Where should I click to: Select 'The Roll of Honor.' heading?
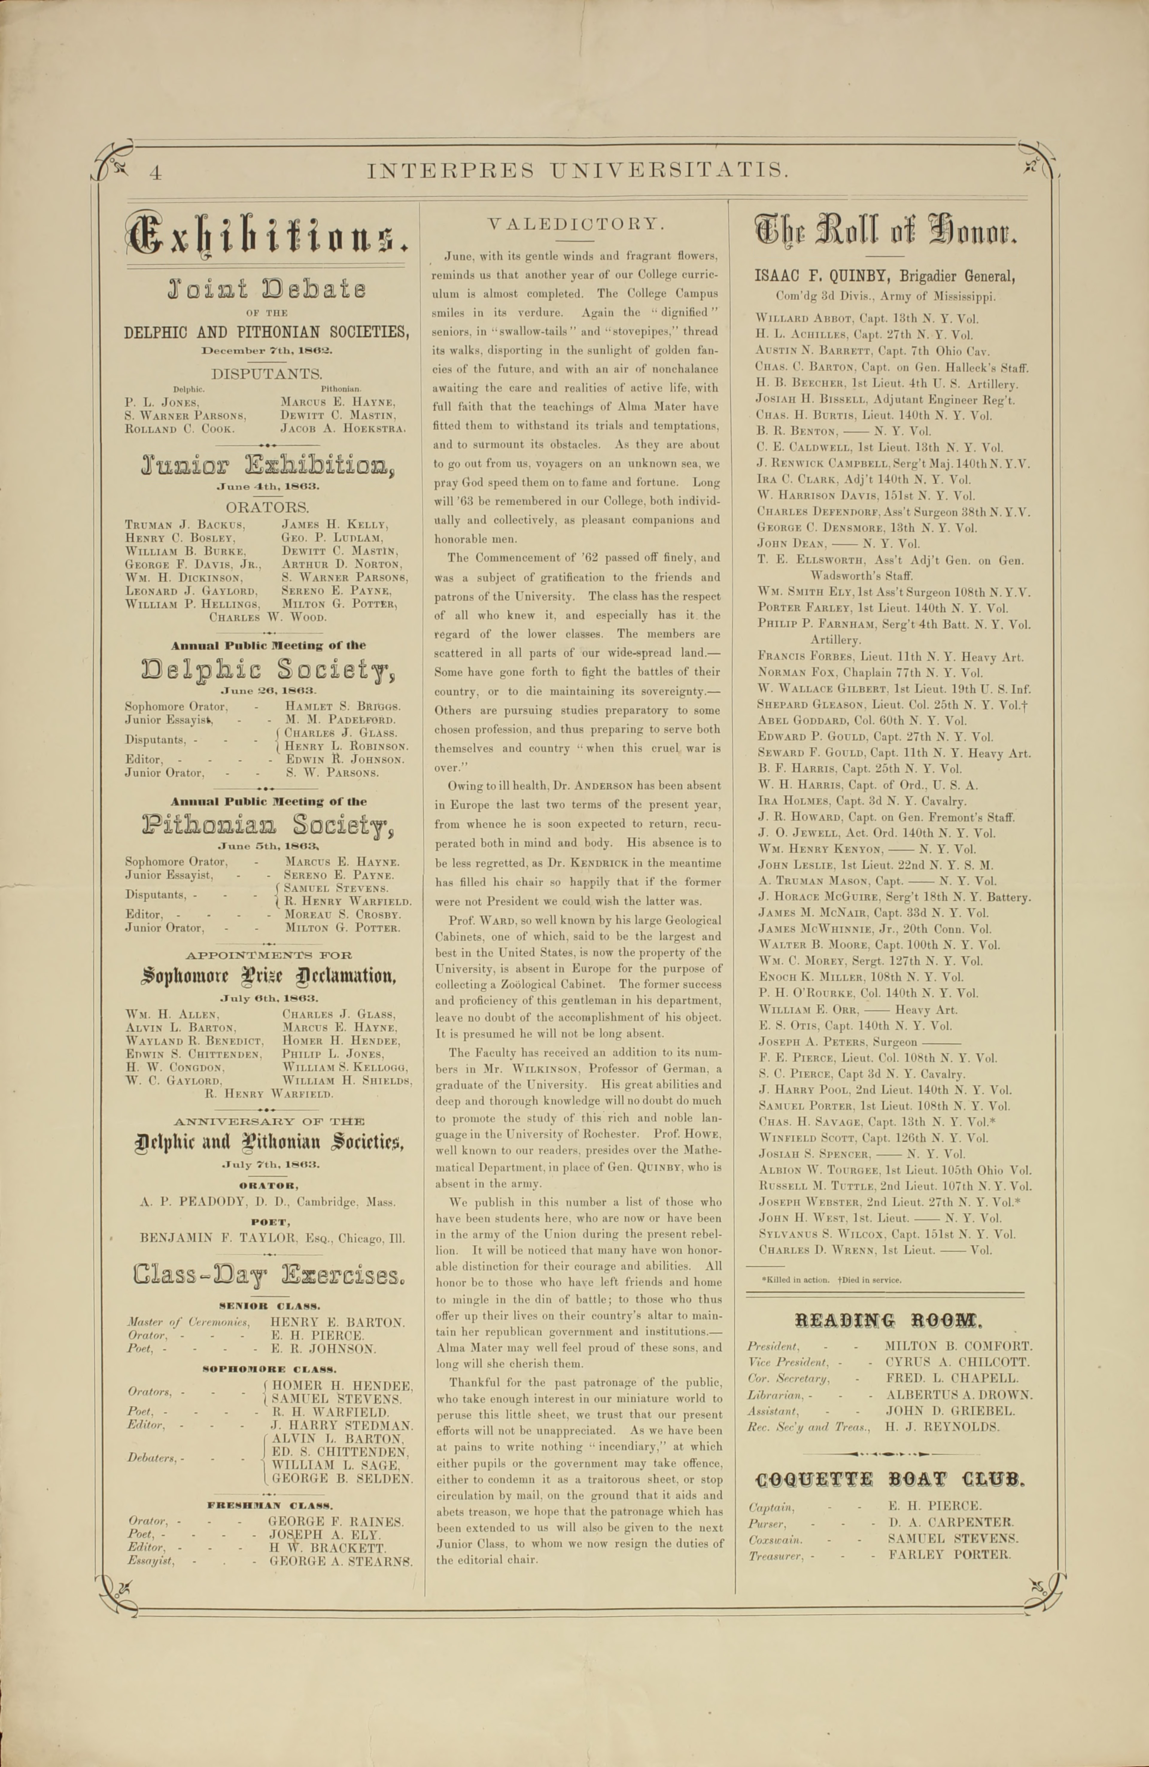[x=885, y=232]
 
